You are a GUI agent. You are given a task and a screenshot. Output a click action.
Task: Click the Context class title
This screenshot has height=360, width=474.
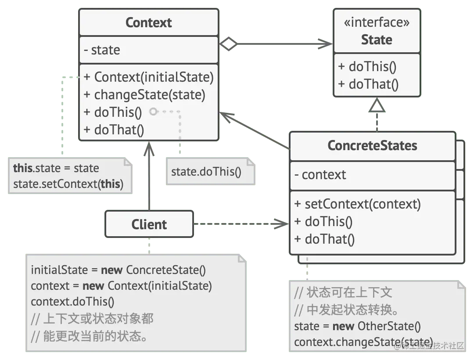148,23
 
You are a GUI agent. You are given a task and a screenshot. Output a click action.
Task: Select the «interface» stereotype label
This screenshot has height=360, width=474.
377,23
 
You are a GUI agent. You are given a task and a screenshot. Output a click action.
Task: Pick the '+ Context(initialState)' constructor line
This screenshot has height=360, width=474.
148,77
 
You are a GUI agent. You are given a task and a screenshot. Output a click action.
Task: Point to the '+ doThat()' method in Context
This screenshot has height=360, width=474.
113,130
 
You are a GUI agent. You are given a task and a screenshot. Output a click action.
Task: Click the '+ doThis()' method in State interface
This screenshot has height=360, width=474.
367,67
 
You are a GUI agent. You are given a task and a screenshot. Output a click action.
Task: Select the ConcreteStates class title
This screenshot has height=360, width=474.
372,146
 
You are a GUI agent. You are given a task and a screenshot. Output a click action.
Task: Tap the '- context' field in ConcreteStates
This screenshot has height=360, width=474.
320,175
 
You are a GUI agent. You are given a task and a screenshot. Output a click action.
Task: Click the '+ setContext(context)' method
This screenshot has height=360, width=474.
357,204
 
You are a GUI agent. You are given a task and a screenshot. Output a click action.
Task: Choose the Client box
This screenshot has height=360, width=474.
149,224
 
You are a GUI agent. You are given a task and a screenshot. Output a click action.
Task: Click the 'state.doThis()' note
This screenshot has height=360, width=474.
206,171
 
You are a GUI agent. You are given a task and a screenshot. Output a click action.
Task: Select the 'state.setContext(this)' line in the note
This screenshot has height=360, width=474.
68,184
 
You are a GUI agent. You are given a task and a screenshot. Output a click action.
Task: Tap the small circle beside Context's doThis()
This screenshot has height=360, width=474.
153,112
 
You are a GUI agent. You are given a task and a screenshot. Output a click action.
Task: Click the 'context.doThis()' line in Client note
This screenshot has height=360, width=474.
72,302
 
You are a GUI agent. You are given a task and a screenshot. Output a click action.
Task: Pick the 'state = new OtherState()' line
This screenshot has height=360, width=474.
357,326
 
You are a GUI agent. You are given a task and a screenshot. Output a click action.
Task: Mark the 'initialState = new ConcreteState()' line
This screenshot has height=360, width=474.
118,270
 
